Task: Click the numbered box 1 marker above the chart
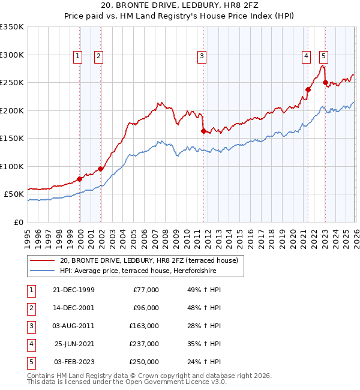point(78,56)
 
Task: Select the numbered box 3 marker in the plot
point(202,56)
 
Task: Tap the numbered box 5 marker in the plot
point(323,56)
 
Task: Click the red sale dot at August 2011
point(203,131)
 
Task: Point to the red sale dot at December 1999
point(80,179)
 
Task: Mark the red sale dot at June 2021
point(308,90)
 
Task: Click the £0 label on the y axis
point(18,222)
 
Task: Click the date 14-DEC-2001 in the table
point(74,308)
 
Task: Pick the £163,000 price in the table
point(144,326)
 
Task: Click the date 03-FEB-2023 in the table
point(74,362)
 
